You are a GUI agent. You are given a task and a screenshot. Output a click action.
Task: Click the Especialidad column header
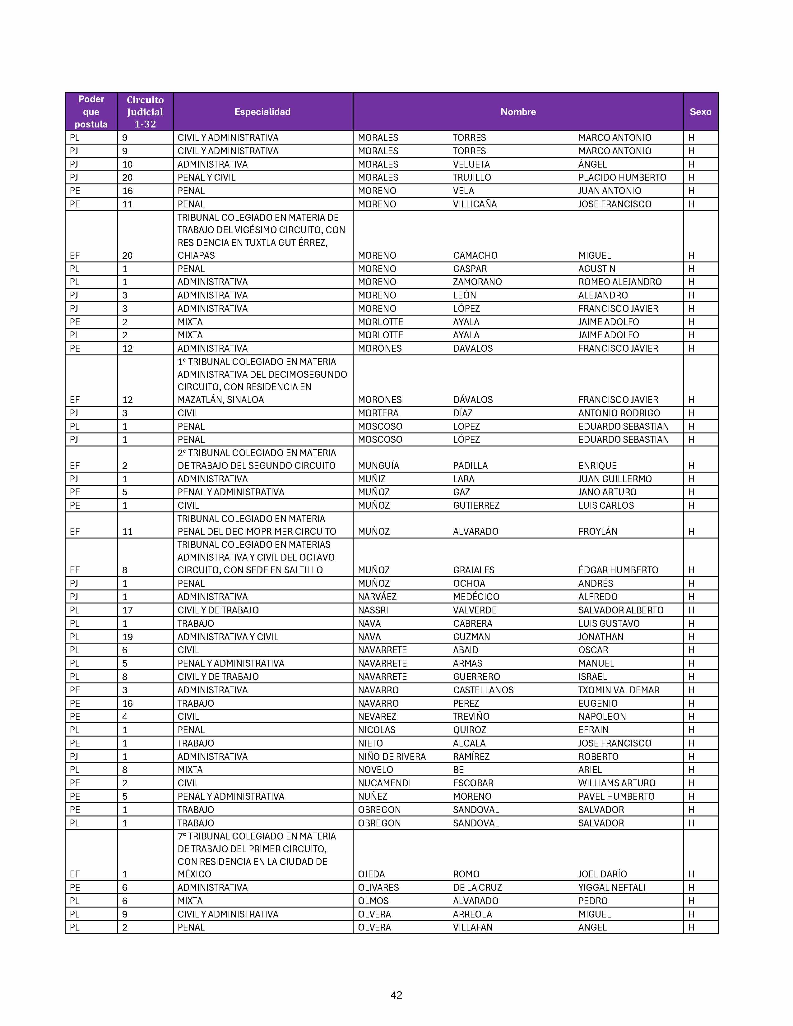pyautogui.click(x=262, y=112)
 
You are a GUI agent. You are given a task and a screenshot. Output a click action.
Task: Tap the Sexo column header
pyautogui.click(x=700, y=112)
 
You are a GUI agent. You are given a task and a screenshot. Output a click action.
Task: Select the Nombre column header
pyautogui.click(x=518, y=112)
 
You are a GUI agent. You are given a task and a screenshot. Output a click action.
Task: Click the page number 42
pyautogui.click(x=396, y=995)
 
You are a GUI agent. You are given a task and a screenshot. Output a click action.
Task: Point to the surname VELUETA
pyautogui.click(x=471, y=164)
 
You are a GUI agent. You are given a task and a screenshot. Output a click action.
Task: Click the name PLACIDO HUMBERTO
pyautogui.click(x=622, y=178)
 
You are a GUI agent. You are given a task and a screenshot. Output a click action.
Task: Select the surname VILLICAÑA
pyautogui.click(x=475, y=204)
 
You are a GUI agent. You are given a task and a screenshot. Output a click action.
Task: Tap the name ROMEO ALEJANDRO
pyautogui.click(x=620, y=282)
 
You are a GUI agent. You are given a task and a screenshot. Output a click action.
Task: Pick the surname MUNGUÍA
pyautogui.click(x=378, y=465)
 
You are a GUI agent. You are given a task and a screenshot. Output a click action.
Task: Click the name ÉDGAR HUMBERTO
pyautogui.click(x=618, y=570)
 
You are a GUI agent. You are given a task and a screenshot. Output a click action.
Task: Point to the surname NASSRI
pyautogui.click(x=373, y=610)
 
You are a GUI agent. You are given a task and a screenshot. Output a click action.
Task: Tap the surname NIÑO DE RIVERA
pyautogui.click(x=391, y=756)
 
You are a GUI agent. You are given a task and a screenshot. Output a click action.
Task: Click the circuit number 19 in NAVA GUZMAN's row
pyautogui.click(x=127, y=637)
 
